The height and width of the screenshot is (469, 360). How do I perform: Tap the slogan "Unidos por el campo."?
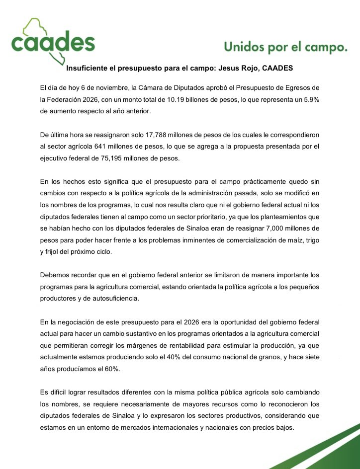click(285, 48)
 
